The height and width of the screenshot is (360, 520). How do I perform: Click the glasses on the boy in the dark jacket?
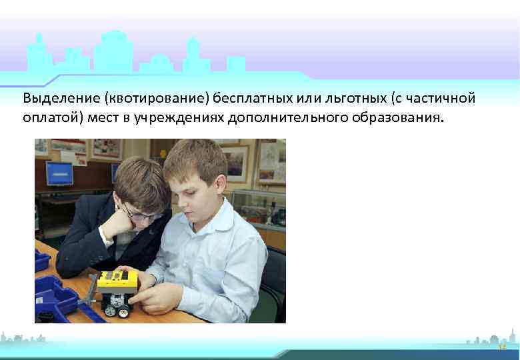coord(143,215)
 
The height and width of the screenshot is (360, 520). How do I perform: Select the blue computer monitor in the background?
coord(59,173)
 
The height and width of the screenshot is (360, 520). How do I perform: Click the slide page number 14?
coord(502,347)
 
